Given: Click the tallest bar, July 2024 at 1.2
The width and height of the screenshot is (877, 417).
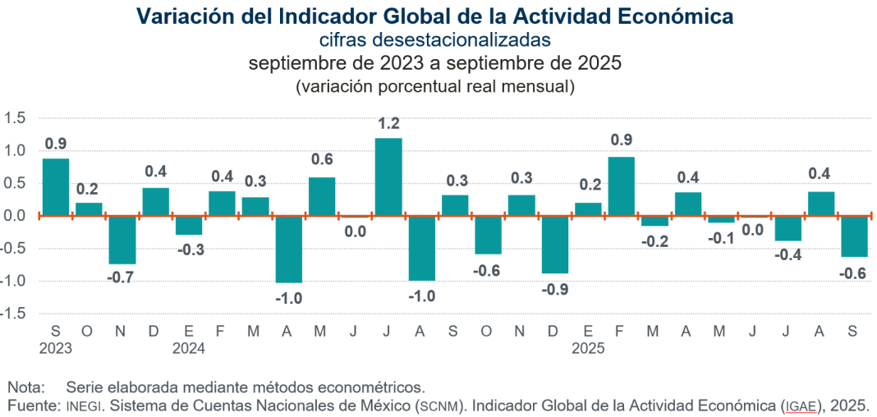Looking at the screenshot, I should click(388, 177).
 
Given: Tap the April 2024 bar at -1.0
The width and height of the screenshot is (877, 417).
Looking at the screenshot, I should click(288, 249).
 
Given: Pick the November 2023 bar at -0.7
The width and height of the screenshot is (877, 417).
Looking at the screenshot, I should click(122, 240).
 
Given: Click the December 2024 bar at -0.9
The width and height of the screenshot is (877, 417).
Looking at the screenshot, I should click(554, 244).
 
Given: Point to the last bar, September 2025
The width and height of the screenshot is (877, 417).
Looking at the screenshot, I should click(854, 236).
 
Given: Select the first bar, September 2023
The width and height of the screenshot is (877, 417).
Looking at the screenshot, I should click(55, 187).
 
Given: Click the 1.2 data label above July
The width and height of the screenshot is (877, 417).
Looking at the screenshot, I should click(388, 124).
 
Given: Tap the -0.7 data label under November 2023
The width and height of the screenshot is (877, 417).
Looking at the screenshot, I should click(122, 278).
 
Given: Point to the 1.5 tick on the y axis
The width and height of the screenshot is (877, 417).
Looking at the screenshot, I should click(15, 118).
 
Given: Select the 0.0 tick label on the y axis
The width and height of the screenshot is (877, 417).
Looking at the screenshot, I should click(15, 216).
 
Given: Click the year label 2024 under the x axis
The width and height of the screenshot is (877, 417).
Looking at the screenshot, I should click(189, 348).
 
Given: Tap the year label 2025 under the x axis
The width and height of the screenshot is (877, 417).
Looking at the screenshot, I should click(588, 348).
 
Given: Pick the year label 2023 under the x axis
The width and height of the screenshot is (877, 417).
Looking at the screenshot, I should click(56, 348).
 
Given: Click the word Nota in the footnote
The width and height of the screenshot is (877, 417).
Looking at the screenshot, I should click(24, 386).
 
